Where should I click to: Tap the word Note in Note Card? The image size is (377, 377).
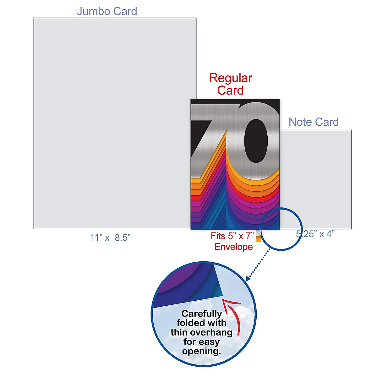(x=300, y=122)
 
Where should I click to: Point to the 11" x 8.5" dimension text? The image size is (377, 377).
(x=110, y=238)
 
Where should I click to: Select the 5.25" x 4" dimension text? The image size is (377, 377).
(x=315, y=234)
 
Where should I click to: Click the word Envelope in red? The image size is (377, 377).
(x=233, y=247)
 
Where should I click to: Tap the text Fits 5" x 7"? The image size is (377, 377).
(x=232, y=236)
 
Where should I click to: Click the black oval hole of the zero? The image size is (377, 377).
(x=256, y=141)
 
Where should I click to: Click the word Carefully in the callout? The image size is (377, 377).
(x=202, y=314)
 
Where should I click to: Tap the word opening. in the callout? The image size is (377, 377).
(x=201, y=351)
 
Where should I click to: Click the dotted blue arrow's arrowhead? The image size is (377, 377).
(x=248, y=278)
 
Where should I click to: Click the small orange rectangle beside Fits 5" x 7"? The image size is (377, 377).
(x=258, y=239)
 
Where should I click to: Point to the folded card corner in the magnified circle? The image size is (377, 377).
(x=219, y=282)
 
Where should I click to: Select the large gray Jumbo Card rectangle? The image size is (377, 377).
(x=112, y=123)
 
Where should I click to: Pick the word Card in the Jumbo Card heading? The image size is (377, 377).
(x=125, y=12)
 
